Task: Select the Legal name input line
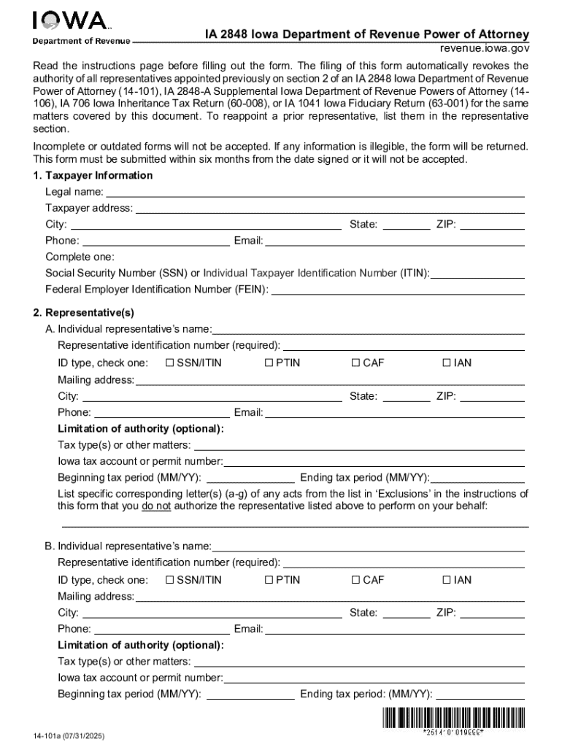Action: [x=315, y=193]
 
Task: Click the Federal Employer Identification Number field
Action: [x=398, y=290]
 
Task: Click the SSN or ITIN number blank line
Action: [x=477, y=274]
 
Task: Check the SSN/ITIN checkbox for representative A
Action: [x=170, y=363]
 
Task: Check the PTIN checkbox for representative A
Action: [x=269, y=363]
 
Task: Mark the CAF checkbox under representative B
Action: [x=355, y=580]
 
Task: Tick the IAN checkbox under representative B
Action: [x=447, y=580]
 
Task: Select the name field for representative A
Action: [x=368, y=329]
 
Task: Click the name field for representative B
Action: [x=368, y=546]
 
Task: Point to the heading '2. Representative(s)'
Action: [x=83, y=313]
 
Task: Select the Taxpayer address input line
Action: [x=330, y=209]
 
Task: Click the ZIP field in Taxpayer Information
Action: [x=492, y=225]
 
